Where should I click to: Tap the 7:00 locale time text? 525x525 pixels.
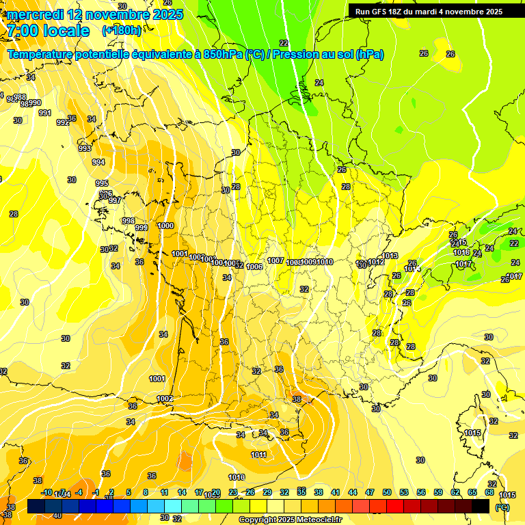tap(47, 31)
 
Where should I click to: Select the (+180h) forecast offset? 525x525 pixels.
tap(122, 30)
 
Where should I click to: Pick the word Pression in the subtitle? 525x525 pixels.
tap(297, 54)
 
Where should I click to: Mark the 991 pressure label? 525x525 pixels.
tap(45, 113)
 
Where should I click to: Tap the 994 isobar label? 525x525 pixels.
tap(98, 162)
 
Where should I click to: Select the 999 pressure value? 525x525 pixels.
tap(142, 228)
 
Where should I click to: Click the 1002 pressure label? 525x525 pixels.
tap(165, 399)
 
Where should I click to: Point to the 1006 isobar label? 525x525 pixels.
tap(254, 267)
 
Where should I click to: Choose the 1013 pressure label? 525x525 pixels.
tap(390, 256)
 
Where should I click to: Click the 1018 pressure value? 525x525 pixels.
tap(461, 252)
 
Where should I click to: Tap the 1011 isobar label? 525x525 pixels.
tap(258, 455)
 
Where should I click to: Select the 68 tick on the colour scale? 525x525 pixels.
tap(489, 492)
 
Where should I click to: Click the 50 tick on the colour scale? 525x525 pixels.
tap(387, 492)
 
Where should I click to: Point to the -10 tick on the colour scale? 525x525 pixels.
tap(46, 492)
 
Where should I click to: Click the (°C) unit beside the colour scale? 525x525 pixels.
tap(502, 507)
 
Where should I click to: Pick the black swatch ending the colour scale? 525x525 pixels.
tap(481, 506)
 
